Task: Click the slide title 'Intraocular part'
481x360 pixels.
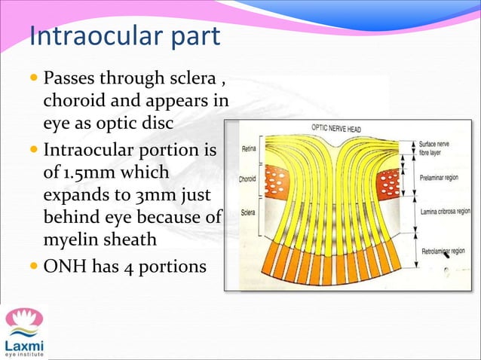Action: click(124, 35)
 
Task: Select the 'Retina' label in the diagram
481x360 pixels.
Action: click(250, 149)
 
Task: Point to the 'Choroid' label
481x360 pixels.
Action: click(248, 180)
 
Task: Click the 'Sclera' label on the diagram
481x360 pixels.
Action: click(248, 212)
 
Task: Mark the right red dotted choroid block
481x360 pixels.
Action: click(391, 183)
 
